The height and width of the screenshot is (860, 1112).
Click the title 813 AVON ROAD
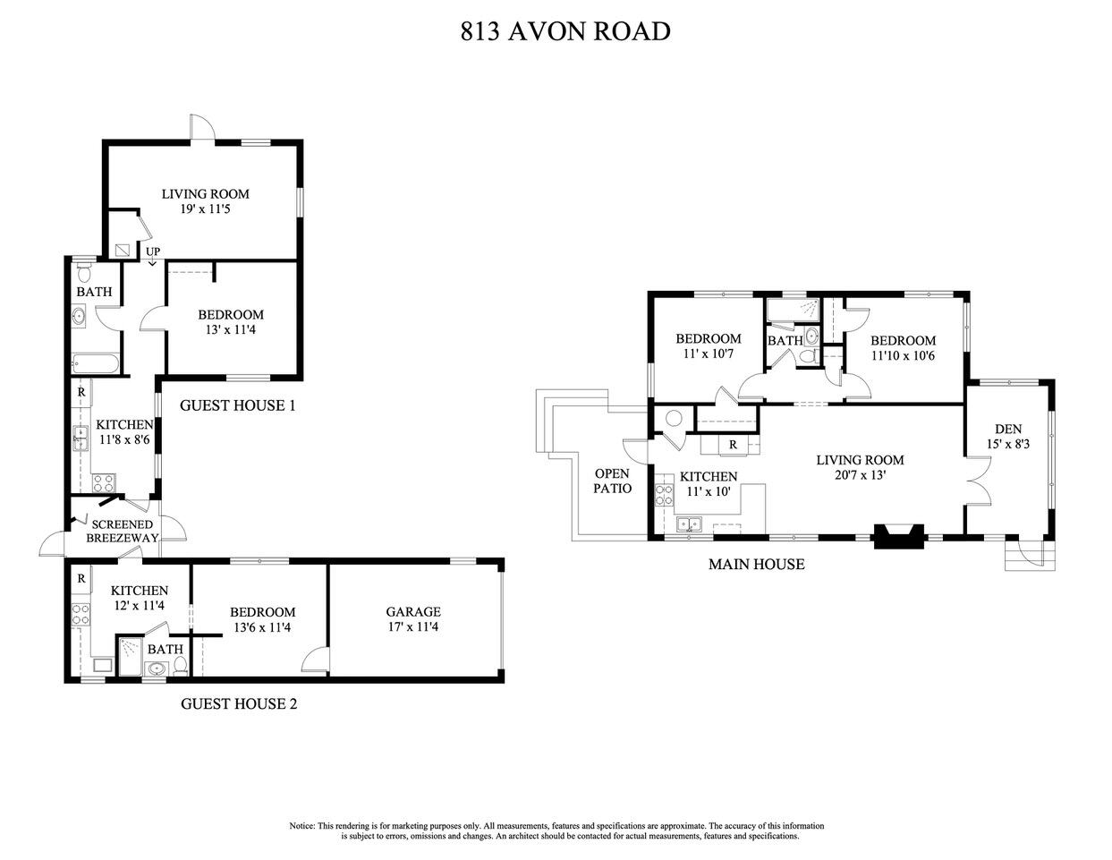pos(564,31)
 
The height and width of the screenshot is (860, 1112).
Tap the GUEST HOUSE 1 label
pos(238,405)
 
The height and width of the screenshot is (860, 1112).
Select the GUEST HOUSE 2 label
pos(239,703)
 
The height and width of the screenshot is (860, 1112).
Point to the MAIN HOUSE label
pos(756,564)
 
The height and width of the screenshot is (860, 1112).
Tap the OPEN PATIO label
pos(613,481)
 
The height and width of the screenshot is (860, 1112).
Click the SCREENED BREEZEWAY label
pos(122,531)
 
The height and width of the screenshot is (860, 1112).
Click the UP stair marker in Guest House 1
pos(153,252)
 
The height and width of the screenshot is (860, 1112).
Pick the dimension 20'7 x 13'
pos(859,475)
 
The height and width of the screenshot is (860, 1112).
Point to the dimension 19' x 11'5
pos(205,209)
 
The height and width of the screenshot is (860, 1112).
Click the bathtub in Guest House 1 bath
pos(94,363)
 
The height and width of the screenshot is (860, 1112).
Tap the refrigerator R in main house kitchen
pos(733,444)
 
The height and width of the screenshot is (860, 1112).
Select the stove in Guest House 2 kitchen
pos(81,614)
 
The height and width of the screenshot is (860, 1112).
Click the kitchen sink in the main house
pos(689,525)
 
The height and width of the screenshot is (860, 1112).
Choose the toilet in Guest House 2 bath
pos(180,666)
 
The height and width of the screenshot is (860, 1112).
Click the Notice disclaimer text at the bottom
pos(556,830)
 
